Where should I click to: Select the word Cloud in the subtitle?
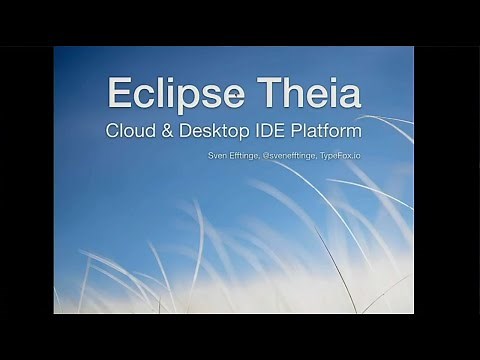134,130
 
